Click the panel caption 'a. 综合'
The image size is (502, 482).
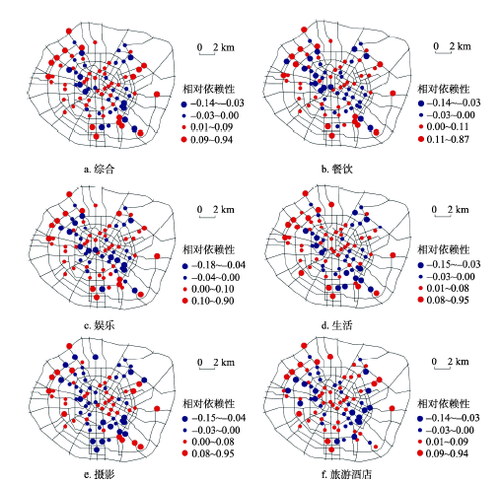pyautogui.click(x=99, y=169)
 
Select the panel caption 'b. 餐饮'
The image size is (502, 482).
pyautogui.click(x=337, y=169)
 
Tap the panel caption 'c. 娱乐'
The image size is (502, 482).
pyautogui.click(x=99, y=325)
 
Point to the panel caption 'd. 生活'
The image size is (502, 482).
pyautogui.click(x=337, y=325)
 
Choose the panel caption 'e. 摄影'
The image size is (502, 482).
pyautogui.click(x=99, y=474)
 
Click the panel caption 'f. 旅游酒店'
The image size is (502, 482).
pyautogui.click(x=346, y=474)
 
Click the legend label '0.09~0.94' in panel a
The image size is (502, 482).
pyautogui.click(x=211, y=140)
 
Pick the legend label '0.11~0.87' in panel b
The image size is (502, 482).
pyautogui.click(x=448, y=139)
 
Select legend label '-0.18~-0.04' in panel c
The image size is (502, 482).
pyautogui.click(x=218, y=265)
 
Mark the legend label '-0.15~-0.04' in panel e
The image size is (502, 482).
pyautogui.click(x=218, y=418)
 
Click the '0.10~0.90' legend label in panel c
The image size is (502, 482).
pyautogui.click(x=213, y=301)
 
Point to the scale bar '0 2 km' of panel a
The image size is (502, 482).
pyautogui.click(x=216, y=48)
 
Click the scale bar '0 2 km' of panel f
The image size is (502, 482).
pyautogui.click(x=450, y=363)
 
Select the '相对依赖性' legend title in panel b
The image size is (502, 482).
pyautogui.click(x=444, y=89)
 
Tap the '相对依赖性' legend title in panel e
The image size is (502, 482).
pyautogui.click(x=209, y=403)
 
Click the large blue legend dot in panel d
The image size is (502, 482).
pyautogui.click(x=420, y=265)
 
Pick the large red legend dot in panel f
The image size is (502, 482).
pyautogui.click(x=420, y=453)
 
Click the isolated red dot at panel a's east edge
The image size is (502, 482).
pyautogui.click(x=157, y=95)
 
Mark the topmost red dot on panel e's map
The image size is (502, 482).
pyautogui.click(x=69, y=346)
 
